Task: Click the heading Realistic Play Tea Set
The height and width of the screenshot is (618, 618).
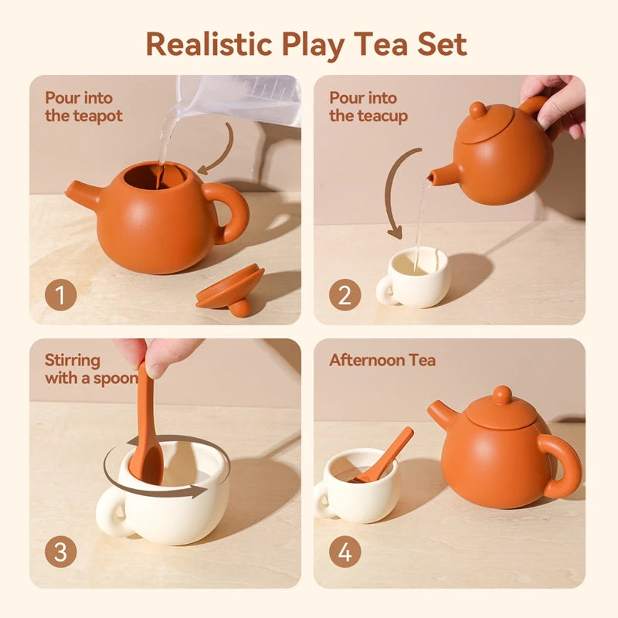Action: (x=307, y=43)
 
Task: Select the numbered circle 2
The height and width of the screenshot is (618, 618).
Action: (x=345, y=295)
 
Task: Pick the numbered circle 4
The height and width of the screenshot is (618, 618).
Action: (x=345, y=552)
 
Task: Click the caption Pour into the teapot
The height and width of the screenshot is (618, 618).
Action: (x=83, y=107)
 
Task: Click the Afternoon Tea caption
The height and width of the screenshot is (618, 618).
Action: (x=382, y=361)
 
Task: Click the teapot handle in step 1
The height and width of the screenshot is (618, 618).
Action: (x=230, y=212)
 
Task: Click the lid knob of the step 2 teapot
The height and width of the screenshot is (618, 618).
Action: (x=478, y=110)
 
